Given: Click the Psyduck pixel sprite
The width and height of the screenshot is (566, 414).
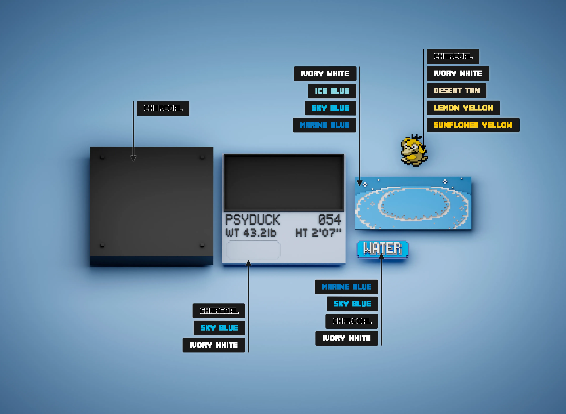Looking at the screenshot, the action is pos(414,151).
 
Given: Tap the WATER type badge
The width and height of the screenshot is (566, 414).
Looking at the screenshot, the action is pos(382,249).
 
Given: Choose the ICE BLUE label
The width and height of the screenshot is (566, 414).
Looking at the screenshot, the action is pos(332,91).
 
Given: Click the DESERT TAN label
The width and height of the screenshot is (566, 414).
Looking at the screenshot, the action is pos(456,90).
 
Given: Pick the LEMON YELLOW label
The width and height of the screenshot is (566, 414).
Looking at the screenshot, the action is pos(463,108).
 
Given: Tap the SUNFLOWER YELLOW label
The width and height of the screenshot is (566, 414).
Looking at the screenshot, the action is pos(473,125).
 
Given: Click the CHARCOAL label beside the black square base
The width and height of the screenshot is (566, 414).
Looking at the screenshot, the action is pos(163,108).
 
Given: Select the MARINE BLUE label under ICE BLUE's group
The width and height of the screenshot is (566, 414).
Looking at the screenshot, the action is pos(325,125).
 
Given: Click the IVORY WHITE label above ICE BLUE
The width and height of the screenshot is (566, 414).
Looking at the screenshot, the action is pos(325,74).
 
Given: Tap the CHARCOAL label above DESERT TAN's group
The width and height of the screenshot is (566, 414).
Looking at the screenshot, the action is pos(453,56).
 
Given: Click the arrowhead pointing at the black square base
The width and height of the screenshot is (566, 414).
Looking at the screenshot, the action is pos(133,158).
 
